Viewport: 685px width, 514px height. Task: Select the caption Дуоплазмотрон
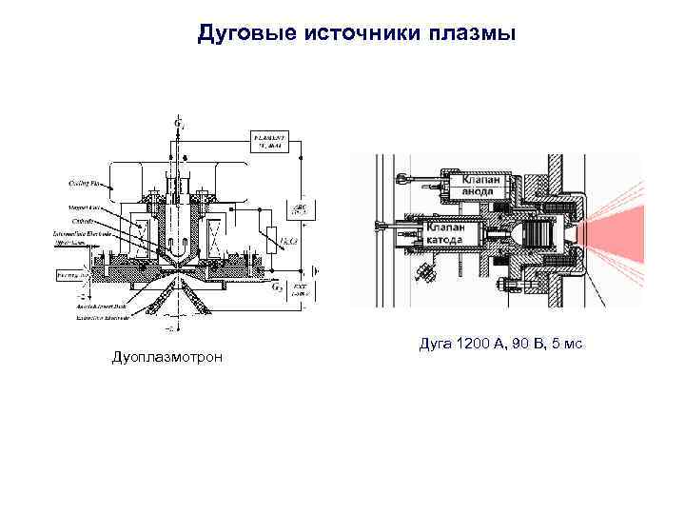point(168,357)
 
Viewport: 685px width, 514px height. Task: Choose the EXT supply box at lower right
point(299,287)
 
